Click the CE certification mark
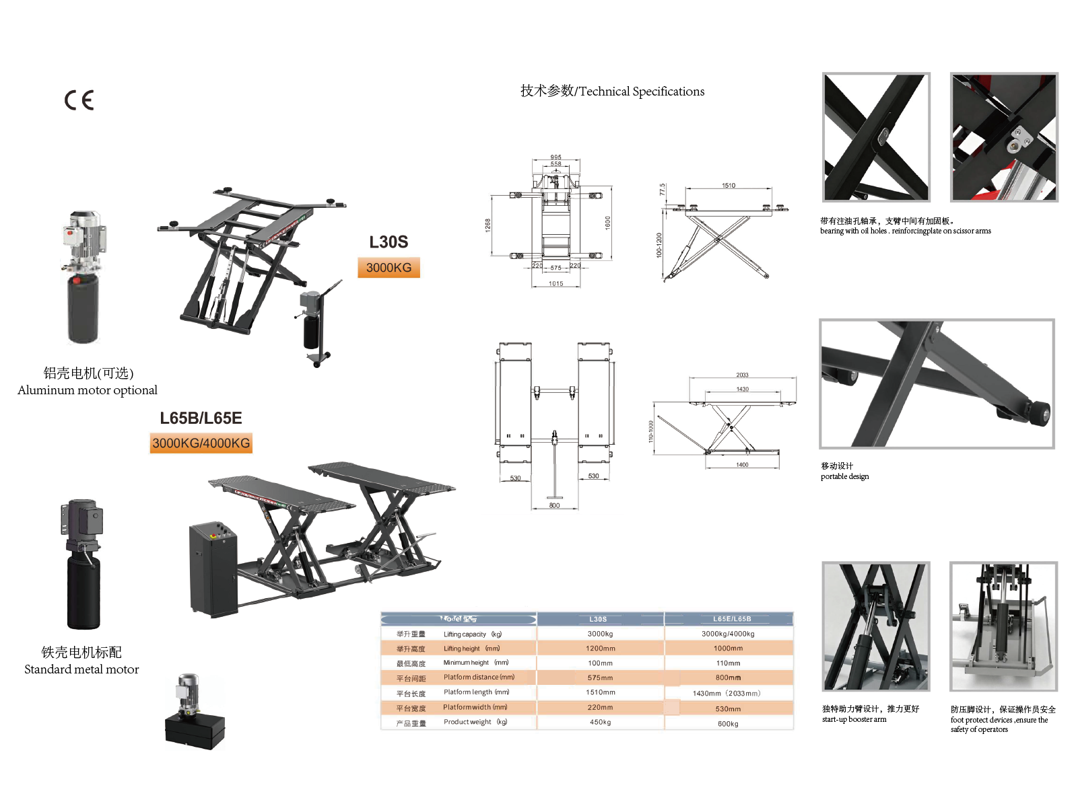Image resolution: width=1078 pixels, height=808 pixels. [79, 100]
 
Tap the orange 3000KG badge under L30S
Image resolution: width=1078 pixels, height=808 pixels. [389, 268]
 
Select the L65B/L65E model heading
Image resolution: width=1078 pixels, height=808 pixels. [201, 418]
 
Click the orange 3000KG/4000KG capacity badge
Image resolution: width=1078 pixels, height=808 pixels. [201, 443]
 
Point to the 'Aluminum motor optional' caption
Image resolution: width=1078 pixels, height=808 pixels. [88, 390]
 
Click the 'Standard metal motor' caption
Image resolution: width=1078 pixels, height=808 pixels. [81, 669]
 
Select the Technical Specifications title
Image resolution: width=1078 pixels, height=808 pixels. [612, 91]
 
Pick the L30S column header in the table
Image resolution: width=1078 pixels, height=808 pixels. [598, 619]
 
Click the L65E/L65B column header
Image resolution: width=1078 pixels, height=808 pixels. [732, 619]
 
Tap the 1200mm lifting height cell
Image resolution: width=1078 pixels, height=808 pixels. [600, 649]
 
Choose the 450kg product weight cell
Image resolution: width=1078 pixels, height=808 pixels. [600, 723]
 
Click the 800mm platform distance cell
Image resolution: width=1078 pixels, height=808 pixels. [728, 678]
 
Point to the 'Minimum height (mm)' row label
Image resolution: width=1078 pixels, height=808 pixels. [475, 663]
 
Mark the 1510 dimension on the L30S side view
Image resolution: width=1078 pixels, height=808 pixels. [729, 186]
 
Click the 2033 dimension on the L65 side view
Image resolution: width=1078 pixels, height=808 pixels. [742, 375]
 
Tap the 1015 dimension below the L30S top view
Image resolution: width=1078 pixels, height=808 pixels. [555, 284]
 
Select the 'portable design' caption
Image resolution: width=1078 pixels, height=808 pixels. [844, 476]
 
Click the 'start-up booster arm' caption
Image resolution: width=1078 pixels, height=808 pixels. [854, 719]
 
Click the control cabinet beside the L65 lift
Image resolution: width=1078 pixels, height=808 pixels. [213, 568]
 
